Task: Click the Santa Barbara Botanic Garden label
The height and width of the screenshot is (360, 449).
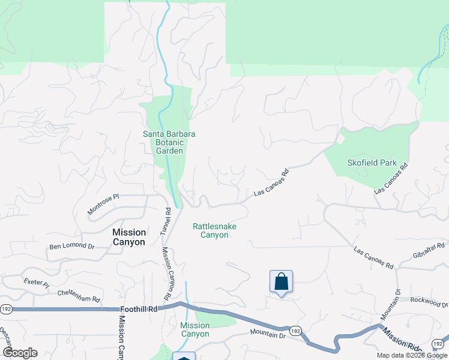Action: point(169,142)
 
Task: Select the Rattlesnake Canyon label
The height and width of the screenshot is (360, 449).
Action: point(214,230)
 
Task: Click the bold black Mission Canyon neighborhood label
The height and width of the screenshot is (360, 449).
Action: point(129,237)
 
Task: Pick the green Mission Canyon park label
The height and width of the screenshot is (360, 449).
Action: point(195,329)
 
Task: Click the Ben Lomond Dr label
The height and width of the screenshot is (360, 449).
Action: point(72,246)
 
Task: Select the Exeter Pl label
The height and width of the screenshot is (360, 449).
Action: point(35,281)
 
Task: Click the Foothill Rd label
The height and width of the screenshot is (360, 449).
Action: point(138,309)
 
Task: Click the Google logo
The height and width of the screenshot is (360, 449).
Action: point(20,353)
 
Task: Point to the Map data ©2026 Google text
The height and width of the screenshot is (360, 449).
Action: point(412,355)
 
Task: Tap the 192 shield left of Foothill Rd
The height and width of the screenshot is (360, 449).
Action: point(6,309)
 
